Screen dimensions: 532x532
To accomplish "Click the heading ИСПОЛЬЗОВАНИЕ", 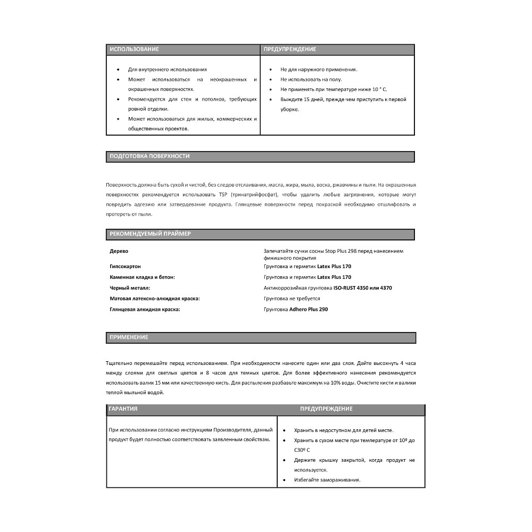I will point(134,49).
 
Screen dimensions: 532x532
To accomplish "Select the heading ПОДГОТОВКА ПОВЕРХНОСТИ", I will point(149,156).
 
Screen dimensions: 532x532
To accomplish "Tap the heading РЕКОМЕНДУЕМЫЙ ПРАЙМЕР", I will point(150,234).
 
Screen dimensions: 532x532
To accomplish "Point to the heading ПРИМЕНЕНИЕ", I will point(129,337).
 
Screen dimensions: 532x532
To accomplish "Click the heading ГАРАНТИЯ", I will point(123,409).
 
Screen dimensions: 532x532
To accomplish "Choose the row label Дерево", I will point(119,251).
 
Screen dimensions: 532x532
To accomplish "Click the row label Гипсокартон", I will point(125,266).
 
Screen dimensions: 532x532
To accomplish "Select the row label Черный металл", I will point(130,288).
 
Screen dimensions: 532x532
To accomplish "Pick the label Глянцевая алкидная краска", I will point(145,309).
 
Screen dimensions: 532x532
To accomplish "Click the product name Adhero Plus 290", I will point(308,309).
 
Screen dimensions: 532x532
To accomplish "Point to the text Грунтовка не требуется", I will point(292,298).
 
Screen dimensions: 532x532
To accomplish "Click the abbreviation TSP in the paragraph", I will point(222,195).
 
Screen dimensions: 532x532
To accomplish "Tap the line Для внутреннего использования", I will point(168,69).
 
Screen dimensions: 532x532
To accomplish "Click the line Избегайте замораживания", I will point(327,479).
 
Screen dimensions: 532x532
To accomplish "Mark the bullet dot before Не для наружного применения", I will point(270,69).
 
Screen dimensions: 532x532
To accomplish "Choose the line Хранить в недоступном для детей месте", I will point(344,430).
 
